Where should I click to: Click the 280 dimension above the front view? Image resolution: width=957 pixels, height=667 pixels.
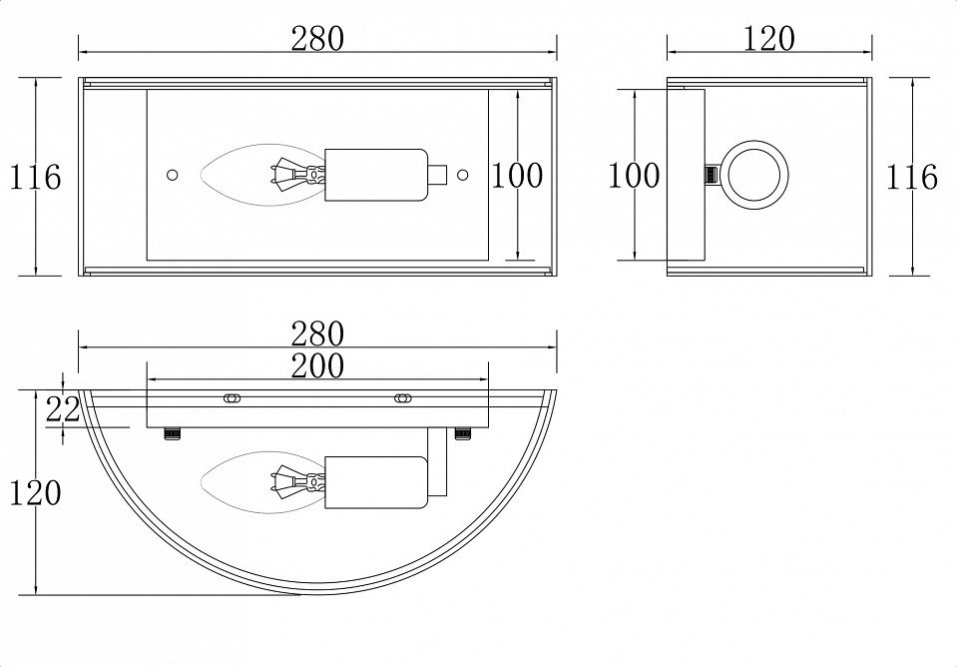pos(317,38)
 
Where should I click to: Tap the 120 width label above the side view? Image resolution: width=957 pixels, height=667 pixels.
pos(769,38)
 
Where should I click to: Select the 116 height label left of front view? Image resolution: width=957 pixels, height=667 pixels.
pos(35,177)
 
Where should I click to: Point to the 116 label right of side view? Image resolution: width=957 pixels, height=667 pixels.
pos(911,177)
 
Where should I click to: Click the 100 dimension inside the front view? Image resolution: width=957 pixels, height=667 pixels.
pos(517,176)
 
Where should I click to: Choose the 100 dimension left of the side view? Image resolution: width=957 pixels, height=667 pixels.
pos(634,176)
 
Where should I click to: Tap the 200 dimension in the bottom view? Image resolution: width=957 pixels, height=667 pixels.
pos(317,365)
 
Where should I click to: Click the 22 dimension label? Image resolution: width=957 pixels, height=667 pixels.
pos(63,409)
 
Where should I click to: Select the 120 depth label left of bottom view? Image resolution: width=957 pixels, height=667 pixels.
pos(35,492)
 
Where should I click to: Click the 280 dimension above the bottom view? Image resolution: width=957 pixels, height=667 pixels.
pos(317,333)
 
